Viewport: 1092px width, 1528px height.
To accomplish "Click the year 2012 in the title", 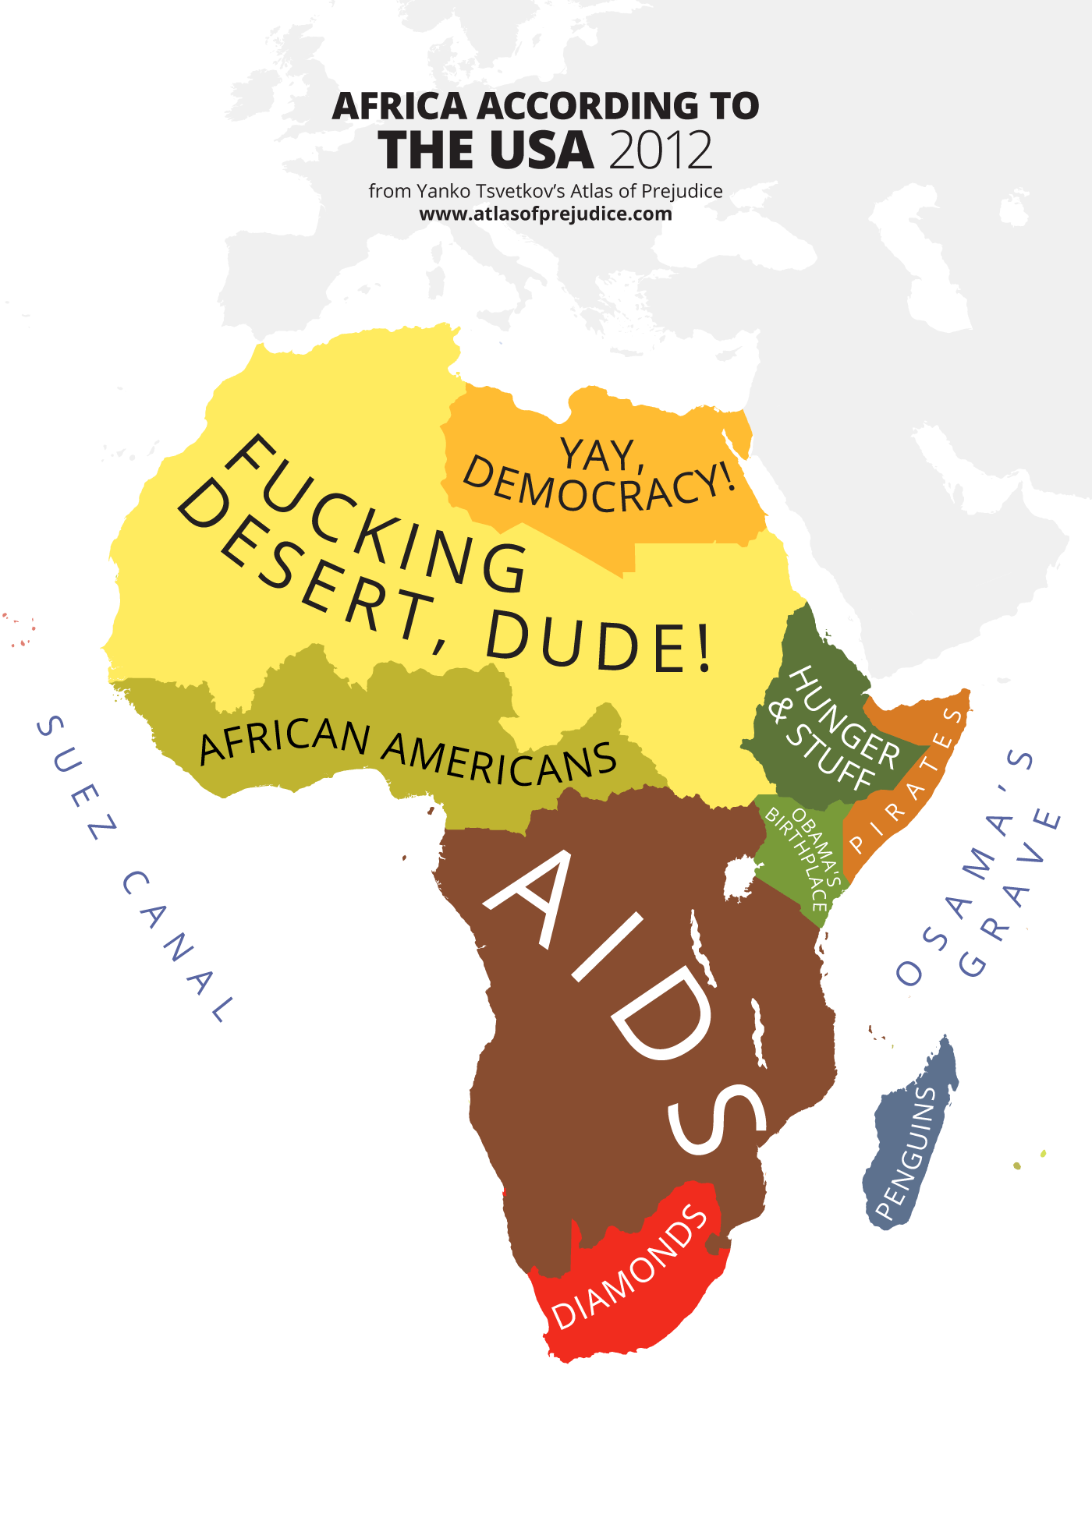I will (661, 150).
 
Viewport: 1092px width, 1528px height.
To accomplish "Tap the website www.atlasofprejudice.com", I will (545, 214).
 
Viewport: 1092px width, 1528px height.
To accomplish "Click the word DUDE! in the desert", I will (599, 645).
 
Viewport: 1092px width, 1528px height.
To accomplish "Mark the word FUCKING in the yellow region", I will (374, 515).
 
